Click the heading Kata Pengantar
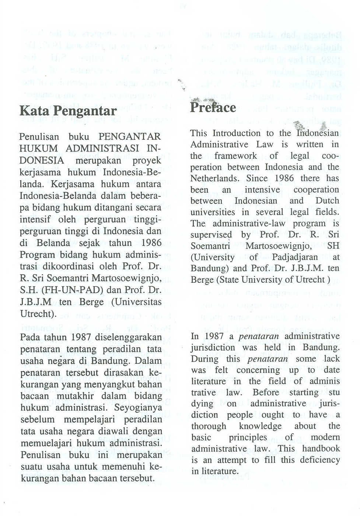click(68, 110)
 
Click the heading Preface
click(213, 108)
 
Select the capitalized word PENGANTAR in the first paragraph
click(130, 137)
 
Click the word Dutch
click(327, 201)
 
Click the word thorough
click(209, 426)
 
